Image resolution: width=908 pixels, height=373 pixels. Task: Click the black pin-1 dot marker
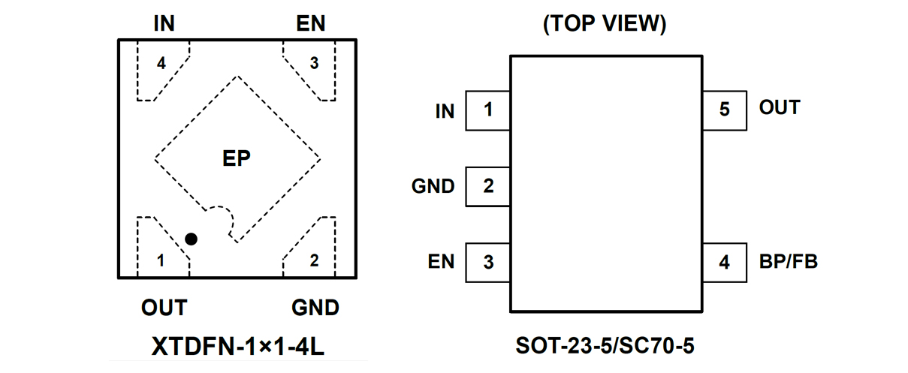(191, 239)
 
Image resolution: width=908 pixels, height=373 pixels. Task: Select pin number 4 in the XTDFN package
(161, 64)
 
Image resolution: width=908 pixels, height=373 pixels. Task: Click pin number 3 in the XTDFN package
(314, 64)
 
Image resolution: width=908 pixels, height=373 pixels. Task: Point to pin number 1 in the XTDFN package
(160, 260)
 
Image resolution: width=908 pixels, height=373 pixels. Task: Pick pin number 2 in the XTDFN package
(314, 260)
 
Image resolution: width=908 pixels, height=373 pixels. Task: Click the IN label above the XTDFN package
(164, 23)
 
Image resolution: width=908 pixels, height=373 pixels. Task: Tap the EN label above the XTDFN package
(311, 23)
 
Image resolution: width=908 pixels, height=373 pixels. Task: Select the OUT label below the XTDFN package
(164, 308)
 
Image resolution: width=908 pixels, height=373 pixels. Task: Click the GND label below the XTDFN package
(315, 308)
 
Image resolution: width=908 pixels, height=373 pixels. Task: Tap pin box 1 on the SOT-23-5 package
(488, 110)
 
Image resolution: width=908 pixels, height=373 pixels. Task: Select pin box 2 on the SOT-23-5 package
(488, 186)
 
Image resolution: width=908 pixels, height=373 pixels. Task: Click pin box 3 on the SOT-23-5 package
(488, 262)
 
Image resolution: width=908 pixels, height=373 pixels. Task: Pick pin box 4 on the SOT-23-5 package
(724, 262)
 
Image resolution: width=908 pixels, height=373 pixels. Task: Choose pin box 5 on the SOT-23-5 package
(724, 110)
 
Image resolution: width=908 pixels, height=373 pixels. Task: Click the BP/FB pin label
(788, 262)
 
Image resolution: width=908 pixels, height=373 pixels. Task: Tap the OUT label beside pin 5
(780, 108)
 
